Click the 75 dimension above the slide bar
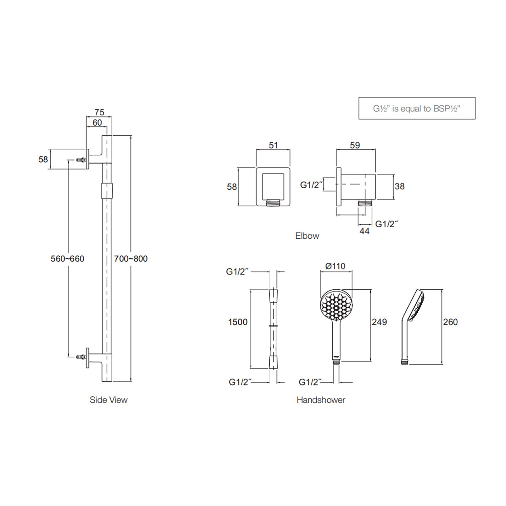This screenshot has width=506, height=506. (x=99, y=112)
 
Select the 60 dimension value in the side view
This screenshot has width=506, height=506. (x=97, y=123)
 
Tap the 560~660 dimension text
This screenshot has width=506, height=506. (x=67, y=259)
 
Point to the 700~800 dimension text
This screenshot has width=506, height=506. (x=131, y=259)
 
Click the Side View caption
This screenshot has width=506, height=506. (x=108, y=400)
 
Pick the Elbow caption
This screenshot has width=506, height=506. (x=307, y=236)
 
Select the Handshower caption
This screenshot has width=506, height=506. (x=321, y=400)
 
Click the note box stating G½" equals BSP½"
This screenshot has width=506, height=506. (x=417, y=108)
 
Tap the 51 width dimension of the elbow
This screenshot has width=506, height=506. (x=273, y=145)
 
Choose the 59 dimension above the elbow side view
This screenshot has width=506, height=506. (x=355, y=145)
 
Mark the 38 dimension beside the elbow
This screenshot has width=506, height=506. (x=399, y=186)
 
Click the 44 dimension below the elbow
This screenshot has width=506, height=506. (x=364, y=231)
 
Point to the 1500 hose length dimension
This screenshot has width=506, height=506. (x=238, y=322)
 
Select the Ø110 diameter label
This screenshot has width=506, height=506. (x=335, y=266)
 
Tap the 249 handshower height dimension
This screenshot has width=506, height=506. (x=379, y=322)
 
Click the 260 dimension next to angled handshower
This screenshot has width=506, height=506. (x=450, y=322)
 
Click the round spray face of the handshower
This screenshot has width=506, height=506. (x=336, y=304)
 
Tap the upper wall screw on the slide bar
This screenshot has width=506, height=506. (x=81, y=160)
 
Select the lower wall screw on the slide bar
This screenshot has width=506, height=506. (x=81, y=357)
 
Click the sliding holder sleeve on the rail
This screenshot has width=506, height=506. (x=107, y=190)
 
